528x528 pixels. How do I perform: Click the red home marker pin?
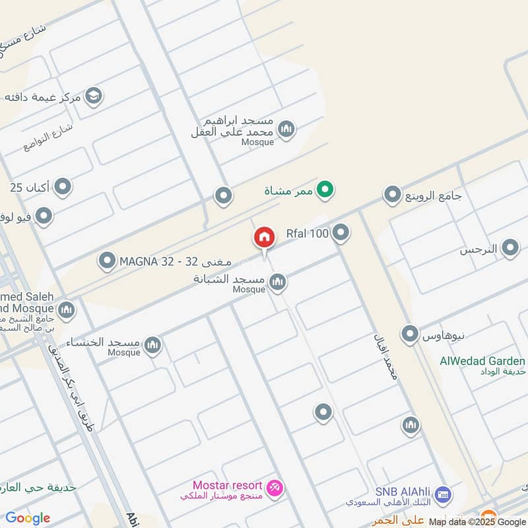[264, 238]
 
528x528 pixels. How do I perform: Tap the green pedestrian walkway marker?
[324, 191]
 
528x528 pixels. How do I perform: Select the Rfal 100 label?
[307, 233]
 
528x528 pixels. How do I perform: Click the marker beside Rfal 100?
[341, 232]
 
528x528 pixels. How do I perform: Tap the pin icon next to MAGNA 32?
[107, 261]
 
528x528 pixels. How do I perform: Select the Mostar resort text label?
[227, 486]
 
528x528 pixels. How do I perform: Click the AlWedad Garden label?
[482, 361]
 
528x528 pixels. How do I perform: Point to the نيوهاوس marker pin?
[410, 334]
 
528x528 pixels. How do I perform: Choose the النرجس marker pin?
[510, 249]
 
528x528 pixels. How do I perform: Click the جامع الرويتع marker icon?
[393, 195]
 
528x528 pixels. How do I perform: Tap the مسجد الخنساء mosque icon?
[152, 344]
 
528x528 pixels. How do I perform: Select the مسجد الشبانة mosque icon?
[278, 282]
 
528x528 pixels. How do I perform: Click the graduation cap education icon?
[93, 97]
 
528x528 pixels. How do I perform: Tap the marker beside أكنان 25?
[63, 187]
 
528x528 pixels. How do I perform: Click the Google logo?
[28, 518]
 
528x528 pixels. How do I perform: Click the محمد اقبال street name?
[385, 359]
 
